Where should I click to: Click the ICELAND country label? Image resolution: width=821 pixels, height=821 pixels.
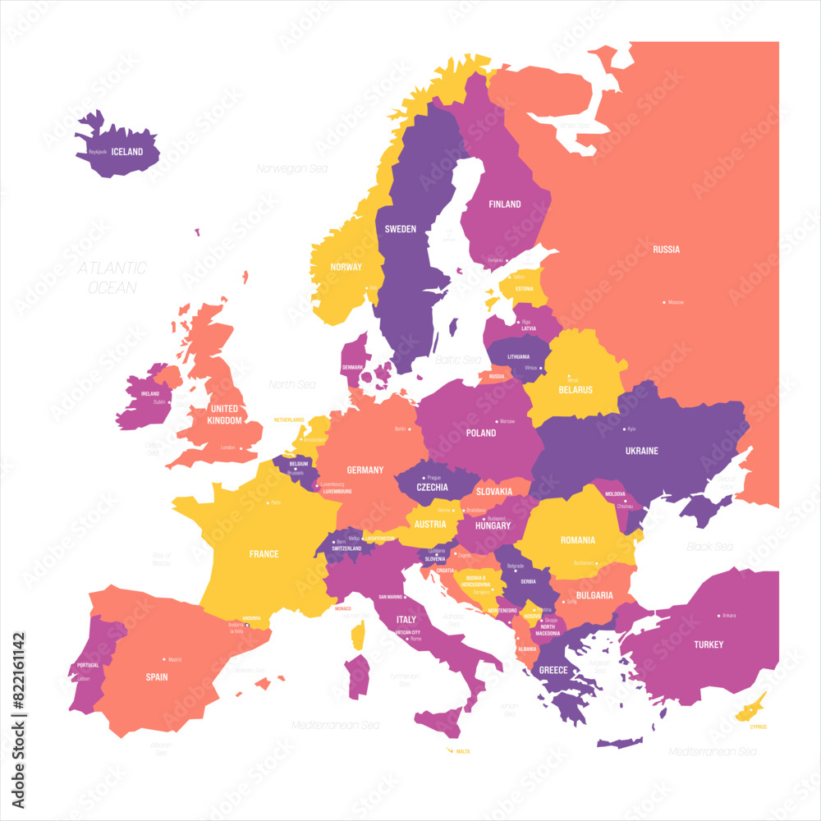127,152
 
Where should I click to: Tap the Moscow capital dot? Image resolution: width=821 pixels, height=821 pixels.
664,302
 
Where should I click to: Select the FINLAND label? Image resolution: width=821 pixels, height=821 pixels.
505,204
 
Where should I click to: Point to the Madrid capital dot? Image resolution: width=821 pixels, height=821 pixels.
165,659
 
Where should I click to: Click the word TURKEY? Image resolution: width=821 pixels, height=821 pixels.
708,644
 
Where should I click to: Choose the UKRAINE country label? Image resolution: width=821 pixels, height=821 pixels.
641,451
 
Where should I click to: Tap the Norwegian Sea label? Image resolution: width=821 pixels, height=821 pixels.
291,168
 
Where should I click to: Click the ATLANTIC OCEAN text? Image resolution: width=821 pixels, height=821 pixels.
112,277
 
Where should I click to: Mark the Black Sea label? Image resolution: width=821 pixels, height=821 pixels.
710,547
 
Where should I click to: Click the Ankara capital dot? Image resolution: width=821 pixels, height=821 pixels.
719,615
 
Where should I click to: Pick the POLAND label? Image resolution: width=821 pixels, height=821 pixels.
481,433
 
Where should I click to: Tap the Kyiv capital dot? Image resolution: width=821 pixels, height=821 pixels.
623,429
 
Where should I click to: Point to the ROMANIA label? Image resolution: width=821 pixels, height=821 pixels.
578,540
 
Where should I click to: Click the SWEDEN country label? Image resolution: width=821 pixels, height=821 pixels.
401,229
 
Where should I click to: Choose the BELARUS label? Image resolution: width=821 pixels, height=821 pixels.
576,390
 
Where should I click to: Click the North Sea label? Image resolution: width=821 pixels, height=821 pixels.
292,384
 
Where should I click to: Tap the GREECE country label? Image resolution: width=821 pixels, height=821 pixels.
553,670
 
